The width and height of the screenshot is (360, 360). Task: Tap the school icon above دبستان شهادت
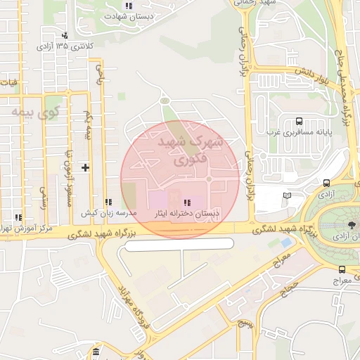tap(129, 6)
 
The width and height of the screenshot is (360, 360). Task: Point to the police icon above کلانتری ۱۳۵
tap(65, 35)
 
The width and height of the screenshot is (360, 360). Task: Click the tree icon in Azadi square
tap(350, 225)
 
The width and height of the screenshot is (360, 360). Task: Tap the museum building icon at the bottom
tap(95, 351)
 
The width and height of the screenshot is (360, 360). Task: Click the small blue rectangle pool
tap(286, 242)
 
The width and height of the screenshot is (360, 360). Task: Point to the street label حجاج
tap(288, 288)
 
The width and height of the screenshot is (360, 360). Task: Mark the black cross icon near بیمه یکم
tap(85, 167)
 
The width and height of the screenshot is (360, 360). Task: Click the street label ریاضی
tap(99, 74)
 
